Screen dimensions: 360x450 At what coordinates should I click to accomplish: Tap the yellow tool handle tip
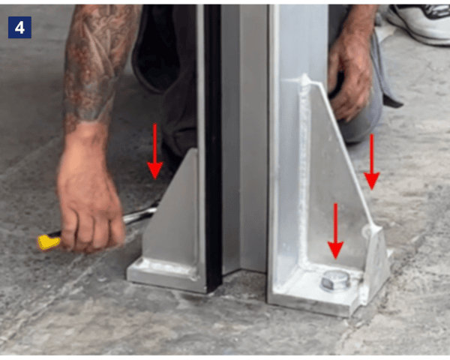[x=49, y=241]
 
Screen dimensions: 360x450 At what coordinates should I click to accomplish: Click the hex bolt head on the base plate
[x=335, y=280]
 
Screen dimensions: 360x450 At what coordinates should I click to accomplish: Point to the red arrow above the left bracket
[x=154, y=150]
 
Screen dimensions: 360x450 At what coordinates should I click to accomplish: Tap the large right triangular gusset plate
[x=337, y=180]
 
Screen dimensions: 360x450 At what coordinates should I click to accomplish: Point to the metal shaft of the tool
[x=139, y=218]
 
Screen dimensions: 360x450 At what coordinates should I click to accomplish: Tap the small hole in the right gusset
[x=367, y=232]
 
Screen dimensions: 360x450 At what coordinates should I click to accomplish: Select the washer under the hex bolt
[x=335, y=288]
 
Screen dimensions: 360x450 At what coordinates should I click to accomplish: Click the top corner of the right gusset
[x=305, y=79]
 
